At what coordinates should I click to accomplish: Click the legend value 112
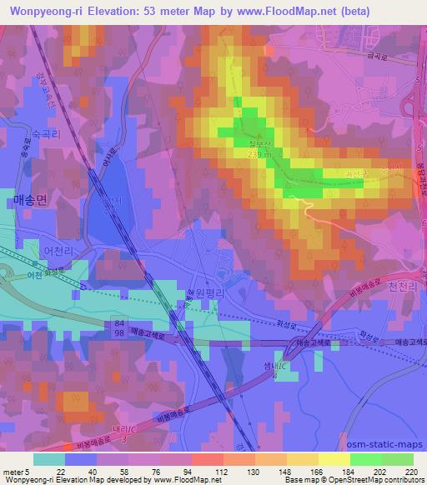coord(200,472)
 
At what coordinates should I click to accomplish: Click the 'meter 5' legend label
coord(15,472)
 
